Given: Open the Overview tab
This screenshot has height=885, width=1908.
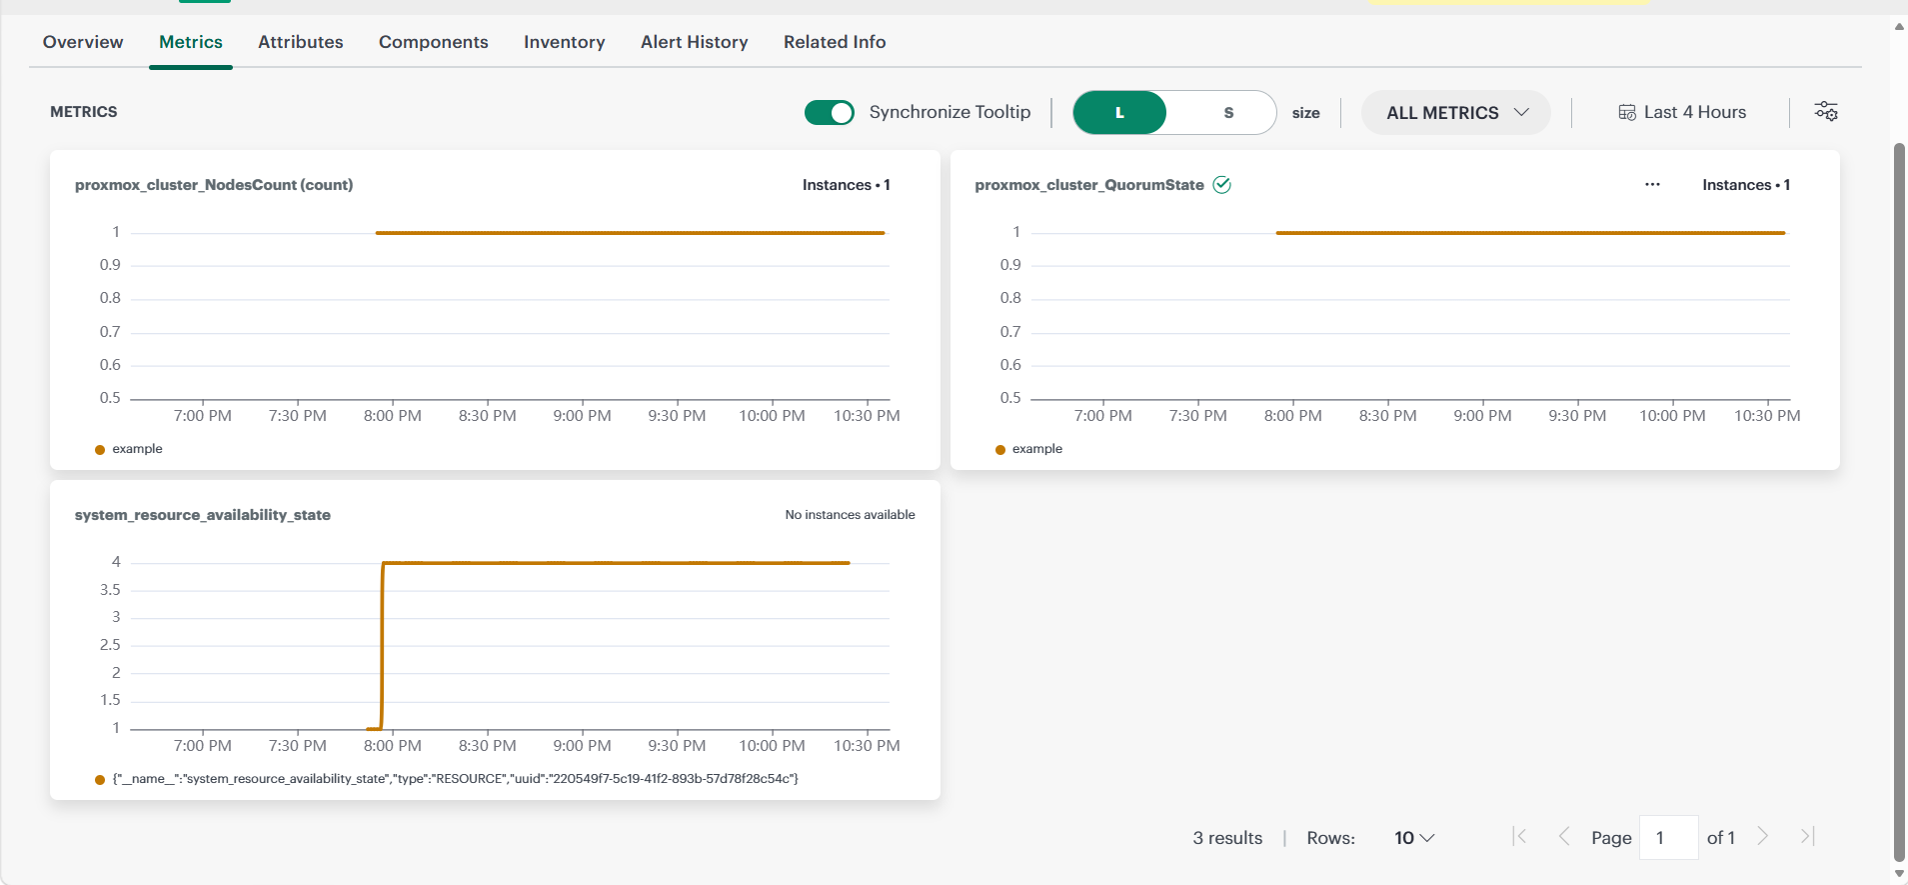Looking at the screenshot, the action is coord(83,42).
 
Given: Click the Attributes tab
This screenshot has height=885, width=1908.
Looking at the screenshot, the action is coord(301,42).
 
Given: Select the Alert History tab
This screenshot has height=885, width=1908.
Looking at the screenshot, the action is coord(695,42).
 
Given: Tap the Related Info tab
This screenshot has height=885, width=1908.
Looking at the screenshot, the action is coord(835,42).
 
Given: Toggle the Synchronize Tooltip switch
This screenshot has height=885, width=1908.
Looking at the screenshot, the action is coord(830,113).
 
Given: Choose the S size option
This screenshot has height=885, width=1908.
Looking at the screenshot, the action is coord(1228,113).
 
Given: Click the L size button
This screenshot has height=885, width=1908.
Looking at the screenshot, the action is coord(1119,113).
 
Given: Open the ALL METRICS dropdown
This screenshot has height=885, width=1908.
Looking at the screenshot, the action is coord(1456,113).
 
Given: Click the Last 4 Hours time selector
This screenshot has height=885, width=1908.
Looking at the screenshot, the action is coord(1682,113).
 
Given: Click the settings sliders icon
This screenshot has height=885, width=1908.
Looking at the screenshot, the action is coord(1826,112).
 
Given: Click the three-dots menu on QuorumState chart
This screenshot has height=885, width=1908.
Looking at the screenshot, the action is coord(1652,185).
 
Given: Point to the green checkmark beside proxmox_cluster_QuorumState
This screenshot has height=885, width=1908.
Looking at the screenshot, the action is coord(1221,185).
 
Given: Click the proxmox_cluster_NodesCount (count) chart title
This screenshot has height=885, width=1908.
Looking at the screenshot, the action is coord(214,185).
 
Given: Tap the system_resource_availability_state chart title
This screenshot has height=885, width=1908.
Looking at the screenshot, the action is coord(203,515).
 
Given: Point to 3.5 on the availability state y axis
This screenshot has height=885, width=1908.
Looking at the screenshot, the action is coord(110,590).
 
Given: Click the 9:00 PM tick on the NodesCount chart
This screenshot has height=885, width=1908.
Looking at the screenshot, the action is coord(582,416).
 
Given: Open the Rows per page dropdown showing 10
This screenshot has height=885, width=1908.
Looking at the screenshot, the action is coord(1414,838).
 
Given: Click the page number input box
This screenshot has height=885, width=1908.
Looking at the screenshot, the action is coord(1668,838).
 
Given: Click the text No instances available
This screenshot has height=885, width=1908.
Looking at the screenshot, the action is coord(850,515).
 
